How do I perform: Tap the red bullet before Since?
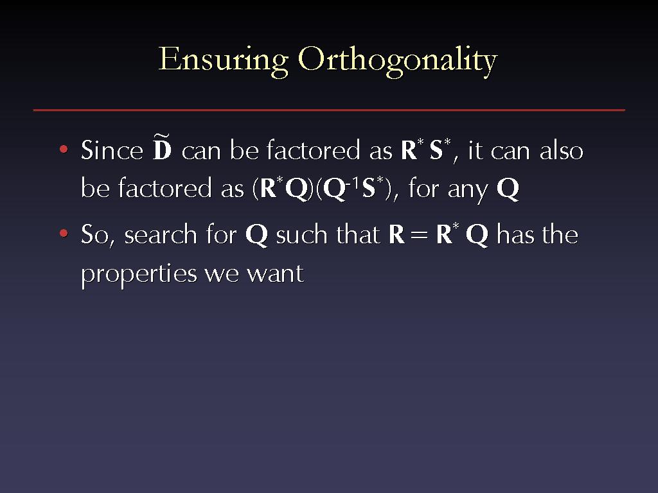64,149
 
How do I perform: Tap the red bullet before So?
64,233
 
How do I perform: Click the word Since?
112,150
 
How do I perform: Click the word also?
562,150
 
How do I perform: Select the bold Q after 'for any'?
508,189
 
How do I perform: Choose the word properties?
139,275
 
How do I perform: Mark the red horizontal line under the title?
329,110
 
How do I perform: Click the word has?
515,234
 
